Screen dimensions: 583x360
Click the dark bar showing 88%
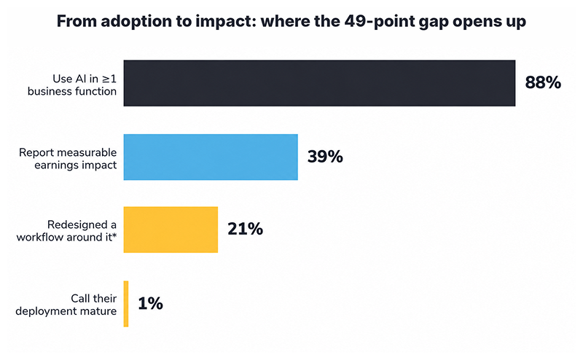pos(319,83)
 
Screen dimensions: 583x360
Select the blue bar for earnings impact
pos(211,157)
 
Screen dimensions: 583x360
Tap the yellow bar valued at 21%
pos(171,230)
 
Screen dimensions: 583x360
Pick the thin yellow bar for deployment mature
pos(126,304)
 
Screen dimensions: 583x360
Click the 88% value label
pos(543,82)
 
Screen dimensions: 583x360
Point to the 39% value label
pos(325,157)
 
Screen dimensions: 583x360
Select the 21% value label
pos(245,229)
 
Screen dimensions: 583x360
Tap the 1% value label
pos(150,303)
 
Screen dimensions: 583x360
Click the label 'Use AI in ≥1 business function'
pos(72,85)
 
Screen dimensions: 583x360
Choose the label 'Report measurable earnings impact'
pos(68,159)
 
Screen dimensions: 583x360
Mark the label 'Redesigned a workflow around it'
pos(66,231)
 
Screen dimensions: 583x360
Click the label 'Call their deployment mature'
pos(66,305)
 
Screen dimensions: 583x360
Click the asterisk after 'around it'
pos(114,235)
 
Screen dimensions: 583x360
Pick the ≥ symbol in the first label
pos(106,79)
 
